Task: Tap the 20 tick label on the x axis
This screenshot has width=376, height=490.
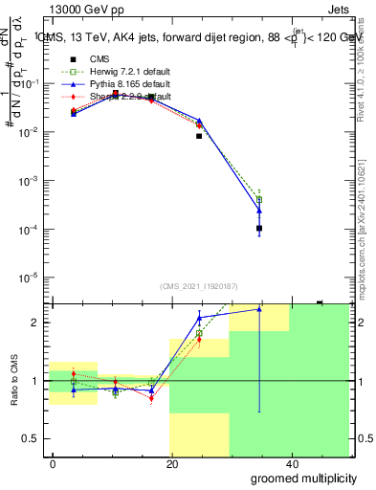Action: coord(172,463)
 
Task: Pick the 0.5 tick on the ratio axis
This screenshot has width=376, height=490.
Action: coord(32,438)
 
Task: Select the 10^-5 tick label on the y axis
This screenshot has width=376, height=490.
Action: coord(30,278)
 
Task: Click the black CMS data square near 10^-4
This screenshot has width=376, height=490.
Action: coord(259,228)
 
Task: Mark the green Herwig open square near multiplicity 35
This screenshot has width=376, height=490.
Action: coord(259,199)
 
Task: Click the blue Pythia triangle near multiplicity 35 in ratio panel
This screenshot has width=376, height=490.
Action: coord(259,309)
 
